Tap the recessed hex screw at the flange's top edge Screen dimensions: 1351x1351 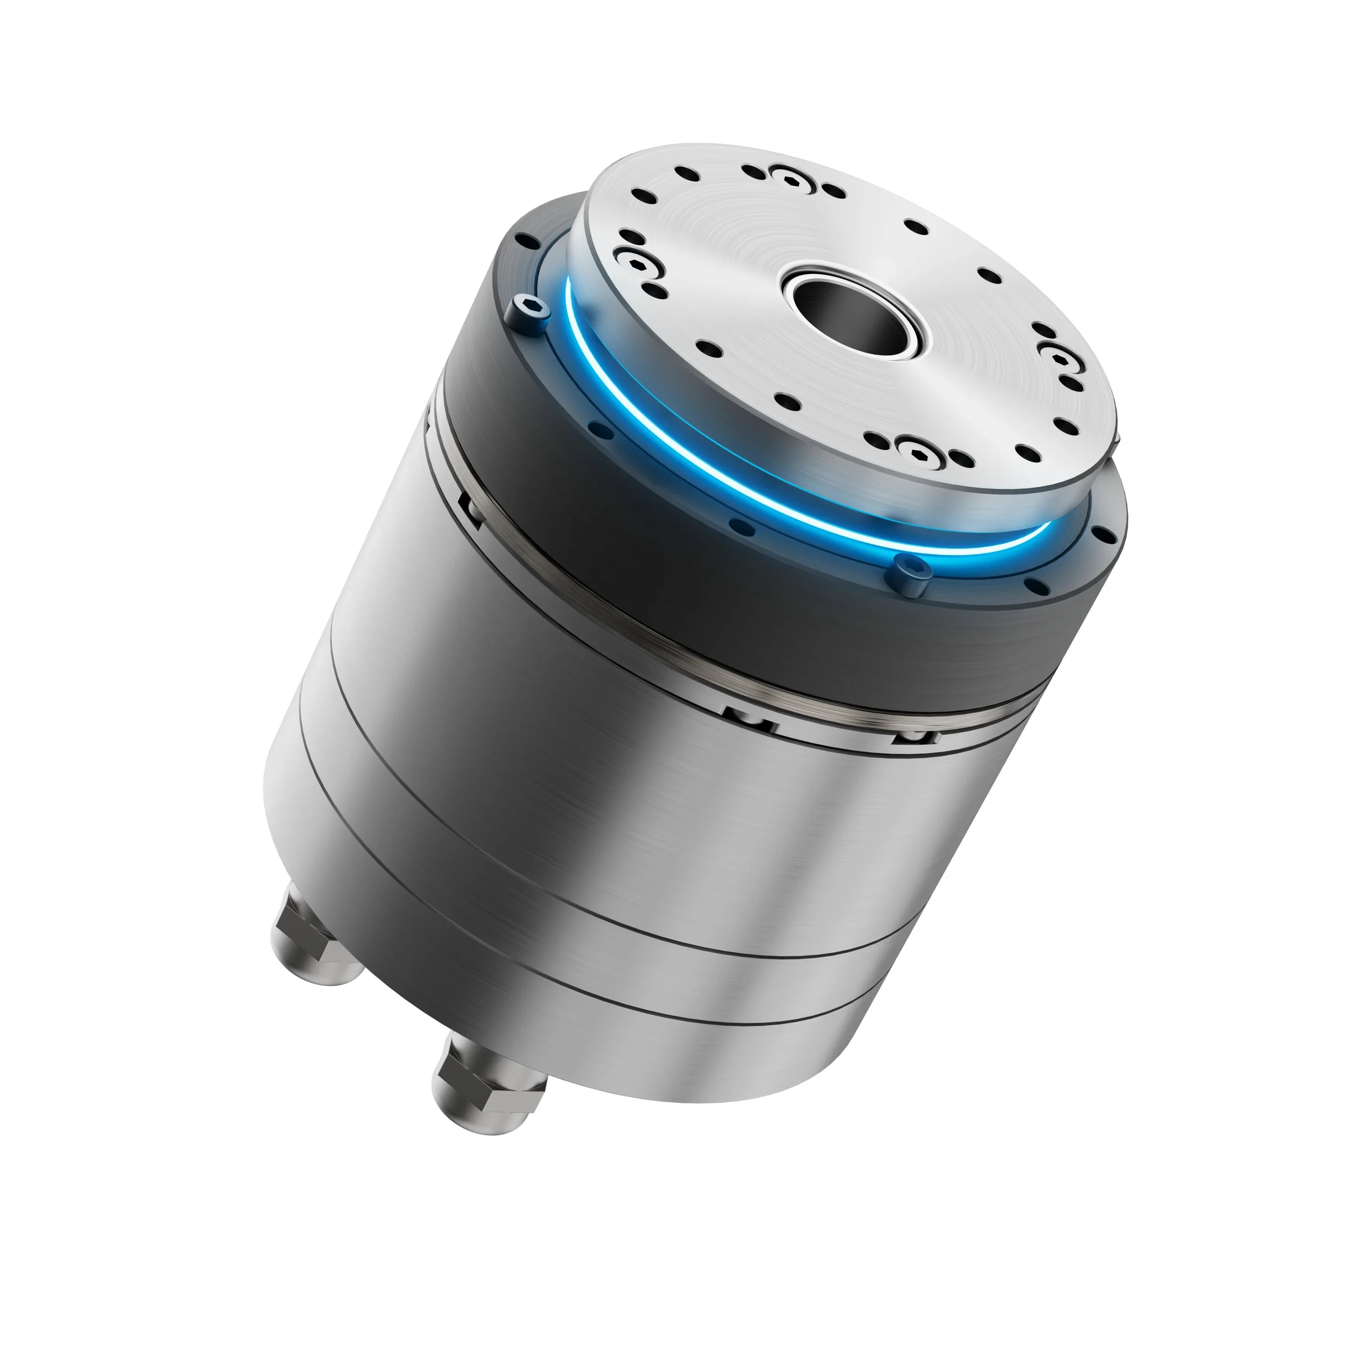click(789, 181)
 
